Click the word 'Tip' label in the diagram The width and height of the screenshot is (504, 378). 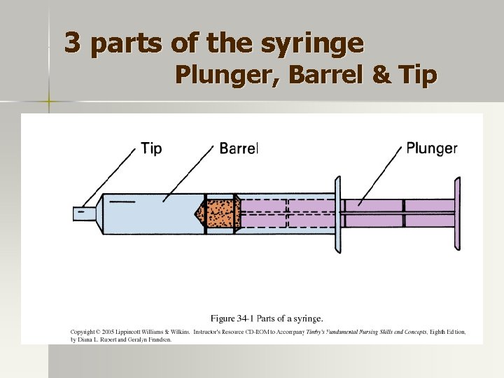[x=151, y=148]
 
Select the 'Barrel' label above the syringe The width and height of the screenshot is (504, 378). [x=239, y=148]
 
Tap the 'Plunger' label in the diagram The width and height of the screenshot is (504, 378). [x=432, y=148]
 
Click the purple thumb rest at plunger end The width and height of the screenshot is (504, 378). [x=457, y=213]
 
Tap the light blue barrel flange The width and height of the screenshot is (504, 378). [x=337, y=213]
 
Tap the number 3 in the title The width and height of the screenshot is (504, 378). [x=71, y=44]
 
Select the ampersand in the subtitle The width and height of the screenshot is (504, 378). [x=382, y=73]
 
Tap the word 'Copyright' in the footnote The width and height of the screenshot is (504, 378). [x=83, y=332]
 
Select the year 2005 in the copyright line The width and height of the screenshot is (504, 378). [x=115, y=332]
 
